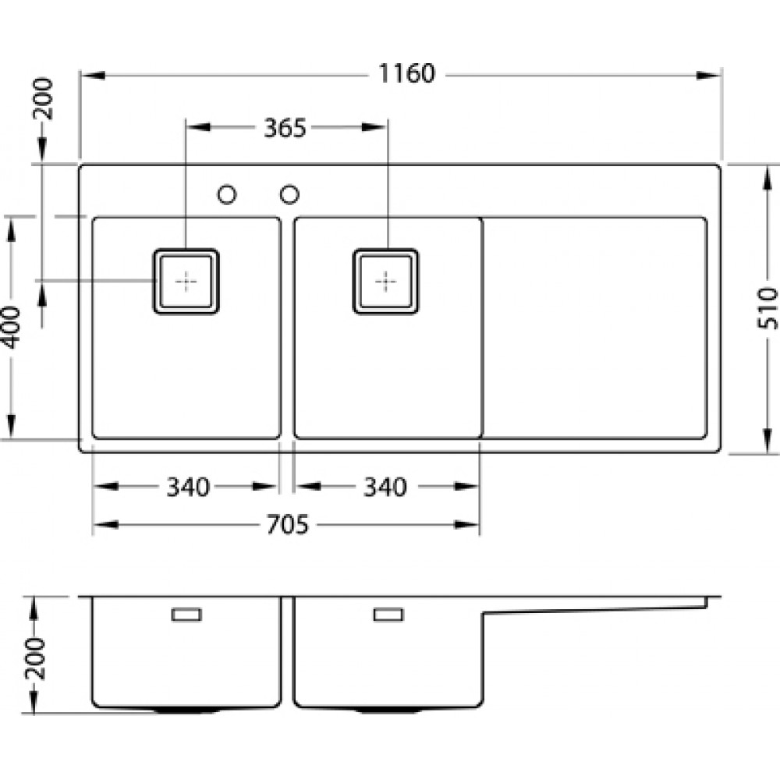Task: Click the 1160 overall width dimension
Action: click(406, 73)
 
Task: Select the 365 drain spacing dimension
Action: click(285, 129)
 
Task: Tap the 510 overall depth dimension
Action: click(767, 308)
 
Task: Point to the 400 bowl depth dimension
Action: click(11, 328)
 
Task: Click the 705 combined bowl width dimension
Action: click(288, 525)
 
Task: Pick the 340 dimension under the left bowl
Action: click(187, 487)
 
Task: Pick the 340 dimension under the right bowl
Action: click(385, 487)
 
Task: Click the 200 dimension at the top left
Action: click(43, 98)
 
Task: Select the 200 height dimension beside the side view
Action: click(35, 658)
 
